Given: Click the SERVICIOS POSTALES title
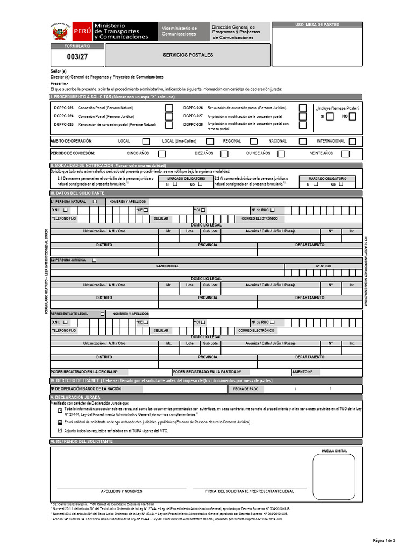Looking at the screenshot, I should [188, 55].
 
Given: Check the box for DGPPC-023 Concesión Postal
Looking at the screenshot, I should [169, 108].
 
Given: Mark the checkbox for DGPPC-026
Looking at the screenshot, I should [303, 108].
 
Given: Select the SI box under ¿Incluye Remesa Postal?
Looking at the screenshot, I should [330, 117].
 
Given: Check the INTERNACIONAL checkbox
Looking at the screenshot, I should [353, 142].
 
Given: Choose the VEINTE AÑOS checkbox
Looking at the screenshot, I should [345, 154].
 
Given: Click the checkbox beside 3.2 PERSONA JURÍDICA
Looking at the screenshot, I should [95, 260].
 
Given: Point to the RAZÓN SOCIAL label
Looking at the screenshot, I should [167, 266].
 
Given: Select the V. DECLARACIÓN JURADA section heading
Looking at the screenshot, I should [75, 397].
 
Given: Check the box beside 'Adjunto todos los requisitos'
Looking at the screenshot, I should [60, 431].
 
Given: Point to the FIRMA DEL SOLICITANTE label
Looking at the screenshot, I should [250, 491].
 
